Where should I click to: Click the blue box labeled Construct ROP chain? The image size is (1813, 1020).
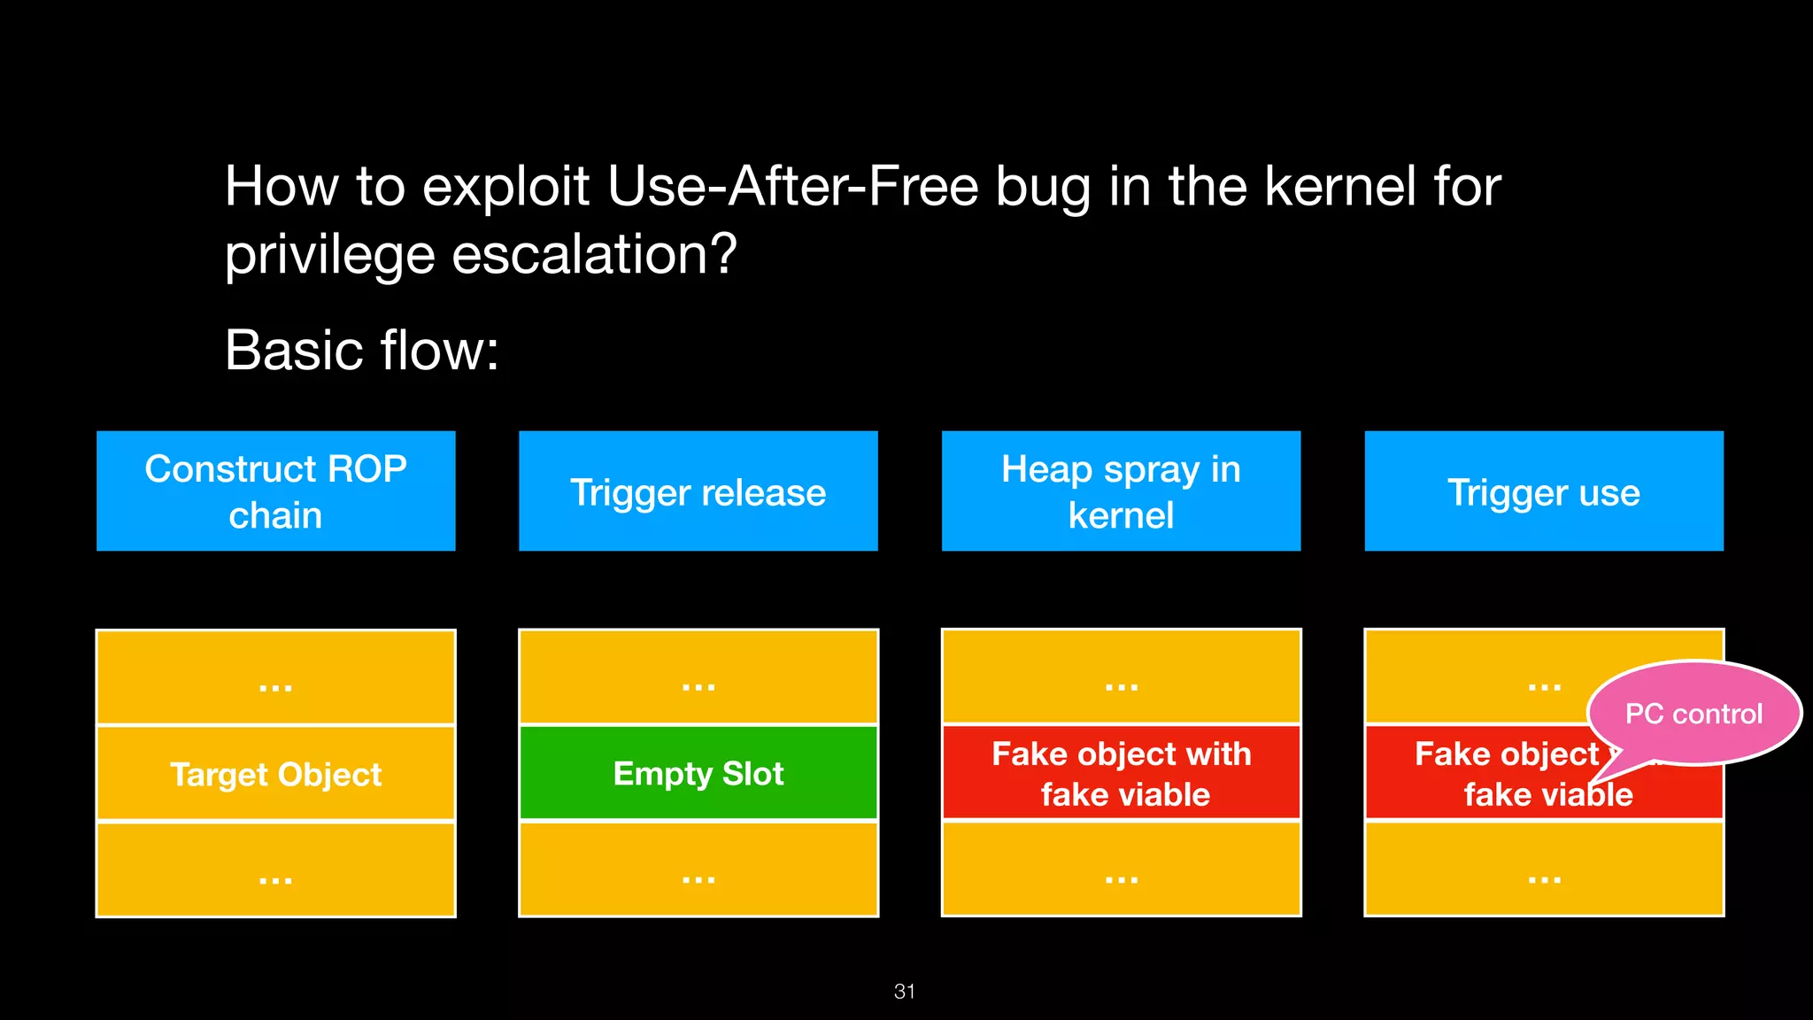(275, 491)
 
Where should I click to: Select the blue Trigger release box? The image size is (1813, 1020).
(698, 491)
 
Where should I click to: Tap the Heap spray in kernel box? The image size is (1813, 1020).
(1121, 491)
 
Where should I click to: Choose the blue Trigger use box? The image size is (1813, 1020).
(1544, 491)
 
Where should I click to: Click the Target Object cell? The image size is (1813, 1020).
(275, 774)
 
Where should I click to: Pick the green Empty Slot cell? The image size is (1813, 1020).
(698, 773)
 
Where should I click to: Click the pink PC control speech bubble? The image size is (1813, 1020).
(1693, 713)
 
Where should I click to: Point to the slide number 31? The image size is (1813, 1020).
(905, 992)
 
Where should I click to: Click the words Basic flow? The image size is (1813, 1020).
(362, 351)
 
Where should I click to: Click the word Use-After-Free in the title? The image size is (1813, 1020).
(793, 187)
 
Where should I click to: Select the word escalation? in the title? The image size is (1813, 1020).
(594, 255)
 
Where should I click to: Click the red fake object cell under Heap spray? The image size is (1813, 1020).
(1121, 773)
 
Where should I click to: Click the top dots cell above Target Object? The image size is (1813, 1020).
(275, 678)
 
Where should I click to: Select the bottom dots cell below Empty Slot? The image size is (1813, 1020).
(698, 869)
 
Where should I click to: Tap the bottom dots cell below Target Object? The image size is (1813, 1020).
(275, 869)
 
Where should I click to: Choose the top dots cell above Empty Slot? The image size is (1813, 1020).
(698, 678)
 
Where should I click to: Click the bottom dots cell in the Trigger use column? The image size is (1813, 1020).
(1544, 869)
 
